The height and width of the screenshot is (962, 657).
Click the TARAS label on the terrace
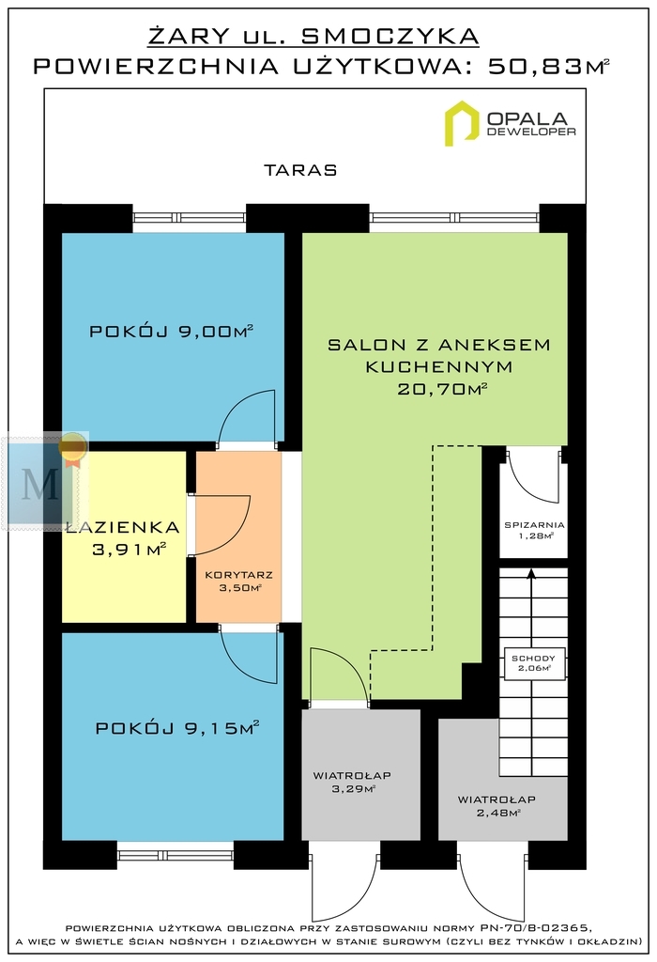[x=300, y=170]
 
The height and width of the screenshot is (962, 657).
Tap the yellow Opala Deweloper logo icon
[x=462, y=123]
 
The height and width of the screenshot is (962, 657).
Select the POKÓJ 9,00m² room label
[x=172, y=332]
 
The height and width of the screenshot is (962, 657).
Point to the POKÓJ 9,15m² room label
[x=177, y=728]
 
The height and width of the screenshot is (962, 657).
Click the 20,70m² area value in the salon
[x=442, y=388]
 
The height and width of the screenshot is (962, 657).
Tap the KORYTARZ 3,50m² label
[x=239, y=582]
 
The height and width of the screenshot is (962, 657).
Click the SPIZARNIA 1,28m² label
[x=534, y=530]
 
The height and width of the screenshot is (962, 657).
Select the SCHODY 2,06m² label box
[x=533, y=663]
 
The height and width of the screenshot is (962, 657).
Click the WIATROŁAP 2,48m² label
[x=497, y=806]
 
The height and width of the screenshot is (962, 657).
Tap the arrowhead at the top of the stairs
[x=530, y=574]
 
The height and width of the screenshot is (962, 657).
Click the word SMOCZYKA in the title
[x=390, y=37]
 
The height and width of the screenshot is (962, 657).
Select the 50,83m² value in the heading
[x=548, y=67]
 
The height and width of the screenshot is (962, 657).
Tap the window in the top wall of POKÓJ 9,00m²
[x=190, y=217]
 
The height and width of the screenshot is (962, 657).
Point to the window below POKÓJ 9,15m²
[x=176, y=854]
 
